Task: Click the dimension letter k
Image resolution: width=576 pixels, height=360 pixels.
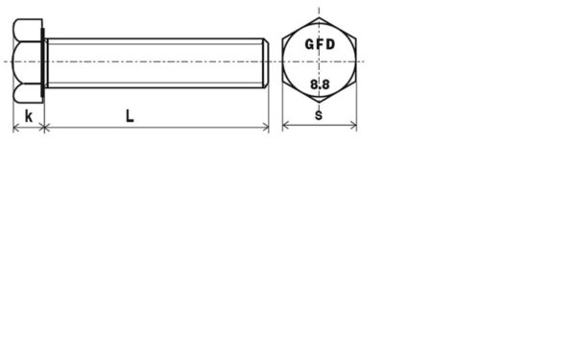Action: click(28, 116)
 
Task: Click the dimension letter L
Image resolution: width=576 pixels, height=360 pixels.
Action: click(130, 116)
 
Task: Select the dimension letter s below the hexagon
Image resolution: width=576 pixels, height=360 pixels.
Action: click(319, 115)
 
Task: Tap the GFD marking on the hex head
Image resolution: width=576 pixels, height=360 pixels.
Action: click(320, 44)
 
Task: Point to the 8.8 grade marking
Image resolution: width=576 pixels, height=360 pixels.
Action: click(320, 84)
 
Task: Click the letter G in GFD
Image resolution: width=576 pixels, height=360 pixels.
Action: click(309, 44)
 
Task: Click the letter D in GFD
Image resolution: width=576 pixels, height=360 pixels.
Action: click(330, 44)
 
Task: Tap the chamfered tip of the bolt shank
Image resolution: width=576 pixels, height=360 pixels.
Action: click(266, 62)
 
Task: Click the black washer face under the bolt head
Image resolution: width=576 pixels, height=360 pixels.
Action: click(44, 62)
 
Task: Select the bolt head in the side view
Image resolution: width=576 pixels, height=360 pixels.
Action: click(28, 61)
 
